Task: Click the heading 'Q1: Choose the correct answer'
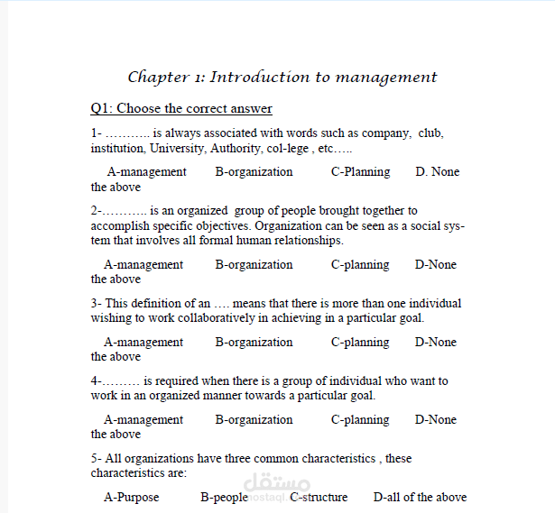pos(180,109)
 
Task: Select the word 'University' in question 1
pos(177,148)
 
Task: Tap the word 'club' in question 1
pos(430,133)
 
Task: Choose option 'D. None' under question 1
pos(437,172)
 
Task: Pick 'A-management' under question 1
pos(146,172)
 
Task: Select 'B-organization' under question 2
pos(254,265)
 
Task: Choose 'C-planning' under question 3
pos(359,343)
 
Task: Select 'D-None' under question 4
pos(435,420)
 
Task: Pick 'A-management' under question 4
pos(143,420)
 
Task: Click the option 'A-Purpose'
pos(131,498)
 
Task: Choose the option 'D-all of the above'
pos(420,498)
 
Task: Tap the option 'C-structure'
pos(319,498)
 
